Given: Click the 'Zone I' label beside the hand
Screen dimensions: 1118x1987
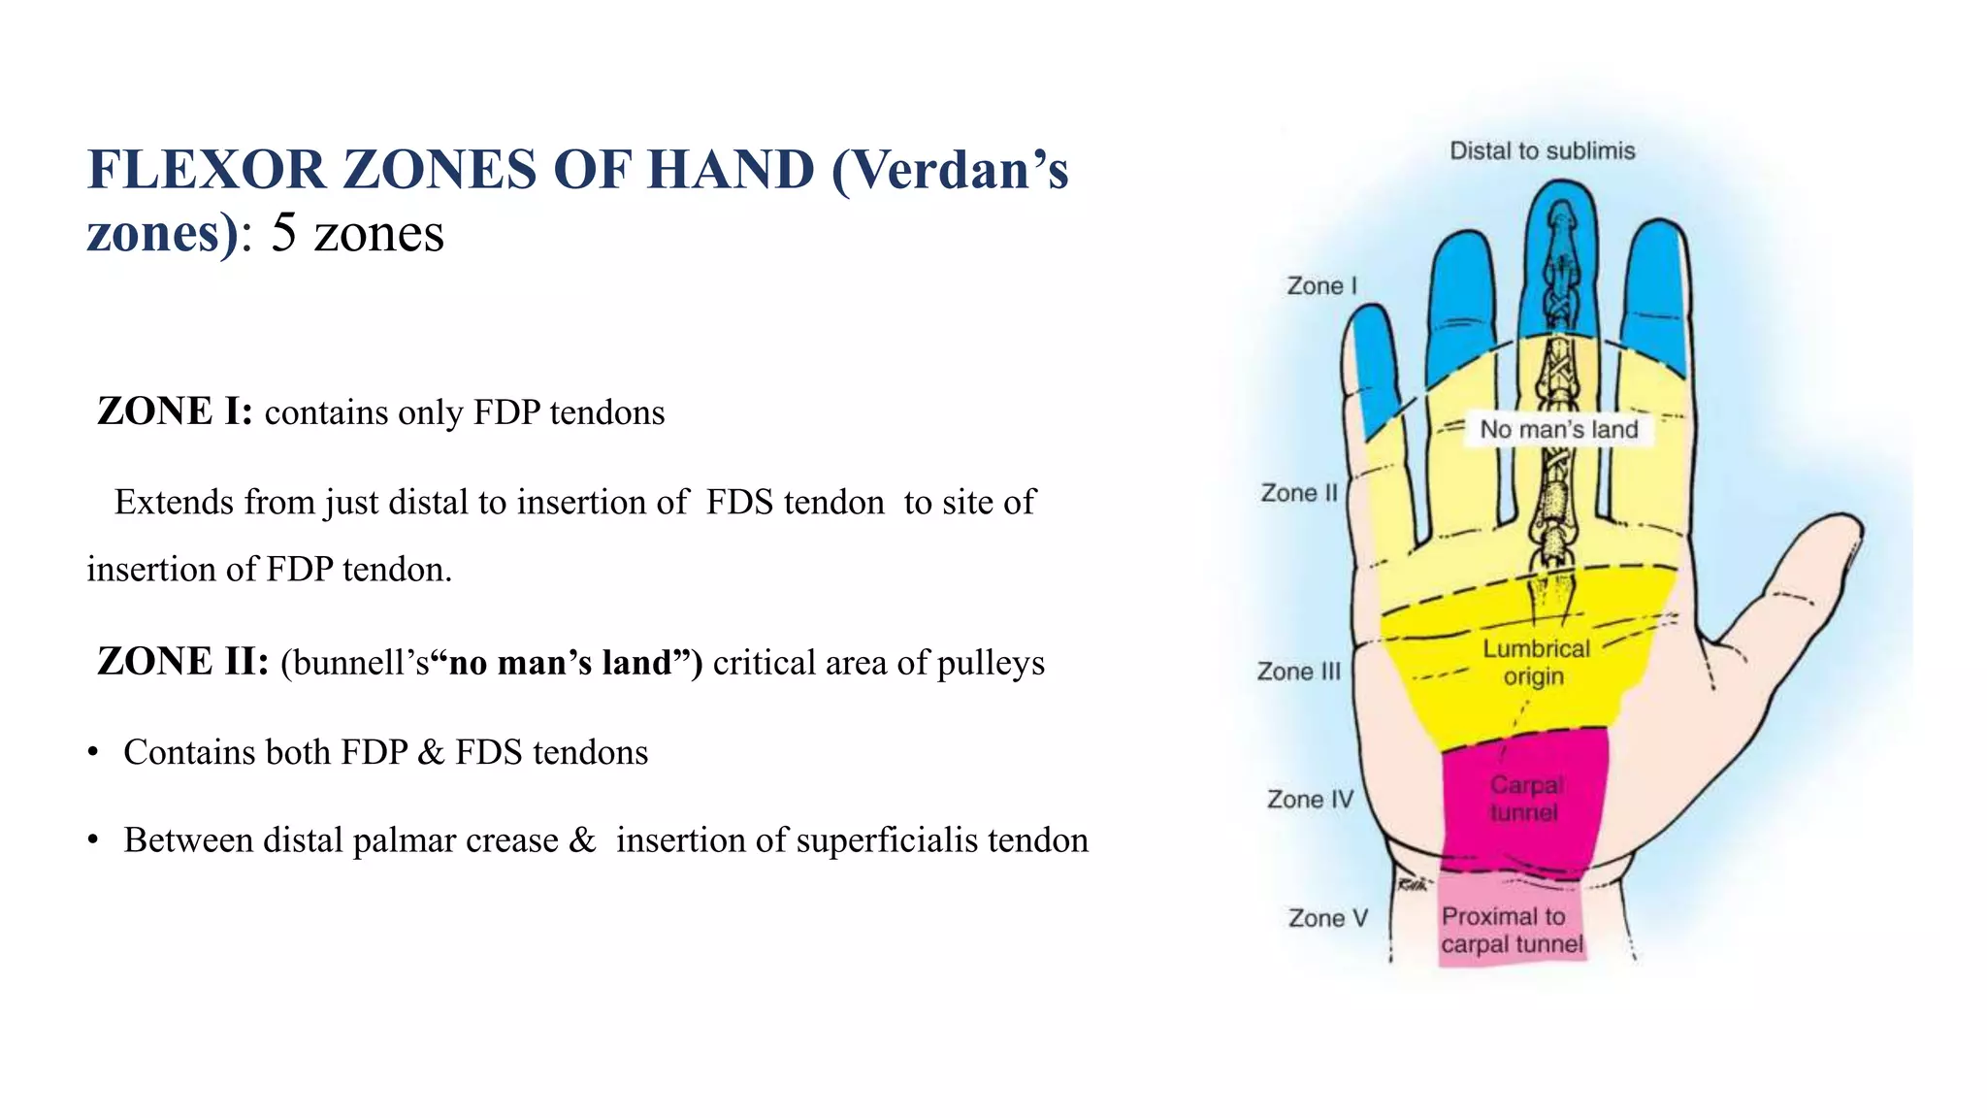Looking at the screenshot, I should tap(1321, 286).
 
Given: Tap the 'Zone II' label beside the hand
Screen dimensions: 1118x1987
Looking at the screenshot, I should tap(1299, 493).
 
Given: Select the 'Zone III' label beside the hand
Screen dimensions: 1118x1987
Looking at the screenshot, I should tap(1298, 672).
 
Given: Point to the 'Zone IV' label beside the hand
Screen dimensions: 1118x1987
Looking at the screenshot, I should tap(1309, 800).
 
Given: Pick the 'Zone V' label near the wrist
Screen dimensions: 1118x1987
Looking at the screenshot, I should tap(1327, 918).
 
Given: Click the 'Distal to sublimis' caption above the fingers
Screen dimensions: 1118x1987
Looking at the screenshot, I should tap(1542, 151).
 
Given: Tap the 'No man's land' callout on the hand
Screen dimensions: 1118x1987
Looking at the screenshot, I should tap(1558, 430).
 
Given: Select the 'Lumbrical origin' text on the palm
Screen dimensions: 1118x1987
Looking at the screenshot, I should tap(1536, 663).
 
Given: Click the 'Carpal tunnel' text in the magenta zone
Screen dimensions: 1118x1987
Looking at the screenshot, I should tap(1525, 799).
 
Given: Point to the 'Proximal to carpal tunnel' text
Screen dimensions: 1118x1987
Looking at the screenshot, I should tap(1511, 931).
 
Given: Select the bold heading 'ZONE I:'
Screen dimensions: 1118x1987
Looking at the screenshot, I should tap(175, 411).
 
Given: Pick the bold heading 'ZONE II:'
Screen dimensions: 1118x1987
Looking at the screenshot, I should tap(182, 662).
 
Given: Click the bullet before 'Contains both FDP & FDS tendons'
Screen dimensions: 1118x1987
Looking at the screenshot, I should tap(93, 753).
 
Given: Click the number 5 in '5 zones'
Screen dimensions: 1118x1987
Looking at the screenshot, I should tap(283, 233).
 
